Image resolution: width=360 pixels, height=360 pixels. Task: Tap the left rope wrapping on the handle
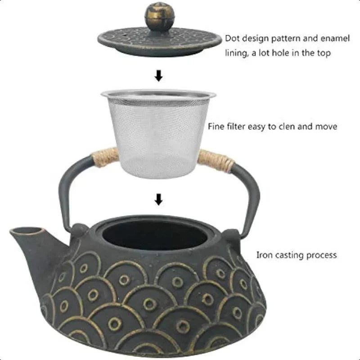point(104,157)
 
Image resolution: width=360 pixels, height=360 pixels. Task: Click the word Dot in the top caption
point(232,39)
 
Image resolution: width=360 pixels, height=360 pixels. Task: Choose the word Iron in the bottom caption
point(264,255)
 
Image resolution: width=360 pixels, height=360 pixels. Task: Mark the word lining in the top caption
point(235,53)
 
